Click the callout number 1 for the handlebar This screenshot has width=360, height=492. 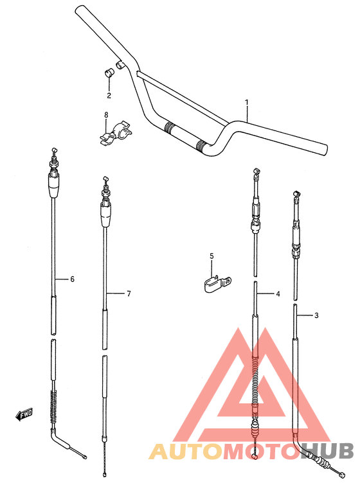(x=246, y=102)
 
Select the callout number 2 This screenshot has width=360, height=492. (x=109, y=96)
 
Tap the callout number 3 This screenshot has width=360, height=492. (x=316, y=315)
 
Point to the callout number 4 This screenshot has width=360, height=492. (x=278, y=294)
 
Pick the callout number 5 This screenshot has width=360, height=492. (x=211, y=256)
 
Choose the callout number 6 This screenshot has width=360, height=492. (x=72, y=279)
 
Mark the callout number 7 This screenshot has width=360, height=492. (x=128, y=294)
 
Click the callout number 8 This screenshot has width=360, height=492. (x=106, y=116)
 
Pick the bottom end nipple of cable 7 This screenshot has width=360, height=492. (x=103, y=475)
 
